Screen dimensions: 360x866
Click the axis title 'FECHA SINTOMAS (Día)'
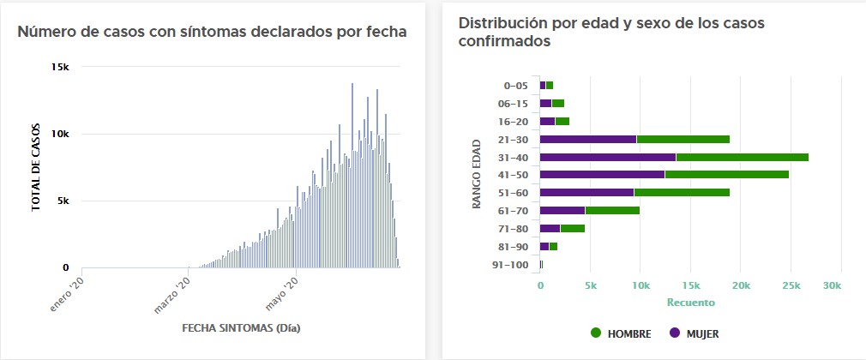click(241, 328)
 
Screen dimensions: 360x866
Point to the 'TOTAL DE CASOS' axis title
click(36, 168)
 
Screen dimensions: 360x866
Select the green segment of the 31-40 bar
click(742, 157)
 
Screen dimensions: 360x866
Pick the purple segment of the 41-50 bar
click(602, 175)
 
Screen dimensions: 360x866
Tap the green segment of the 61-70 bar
click(612, 210)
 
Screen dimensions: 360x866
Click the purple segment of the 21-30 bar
click(588, 139)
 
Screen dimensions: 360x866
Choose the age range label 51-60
click(513, 193)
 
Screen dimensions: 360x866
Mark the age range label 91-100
click(510, 264)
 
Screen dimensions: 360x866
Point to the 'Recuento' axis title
click(690, 303)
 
